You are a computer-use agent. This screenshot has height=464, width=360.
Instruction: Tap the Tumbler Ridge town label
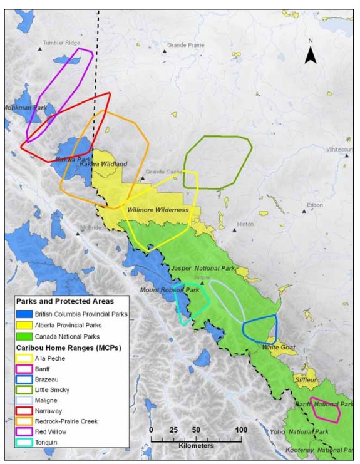tap(61, 43)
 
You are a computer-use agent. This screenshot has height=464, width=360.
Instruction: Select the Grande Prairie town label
tap(186, 45)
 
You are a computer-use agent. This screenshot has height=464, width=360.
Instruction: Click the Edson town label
tap(315, 205)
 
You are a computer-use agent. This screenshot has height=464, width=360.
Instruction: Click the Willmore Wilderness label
tap(158, 210)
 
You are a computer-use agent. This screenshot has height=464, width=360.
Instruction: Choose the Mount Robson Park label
tap(169, 291)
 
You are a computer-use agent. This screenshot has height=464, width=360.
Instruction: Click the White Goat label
tap(278, 348)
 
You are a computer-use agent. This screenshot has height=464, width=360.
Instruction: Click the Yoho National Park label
tap(307, 432)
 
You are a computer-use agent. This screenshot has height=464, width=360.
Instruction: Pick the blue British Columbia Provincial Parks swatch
tap(24, 314)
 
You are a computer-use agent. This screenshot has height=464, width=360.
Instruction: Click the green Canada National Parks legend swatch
tap(24, 336)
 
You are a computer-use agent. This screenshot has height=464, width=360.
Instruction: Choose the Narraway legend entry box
tap(24, 410)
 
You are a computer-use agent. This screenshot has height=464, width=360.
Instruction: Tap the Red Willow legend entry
tap(24, 432)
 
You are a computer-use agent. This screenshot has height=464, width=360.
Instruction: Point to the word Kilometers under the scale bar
tap(195, 446)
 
